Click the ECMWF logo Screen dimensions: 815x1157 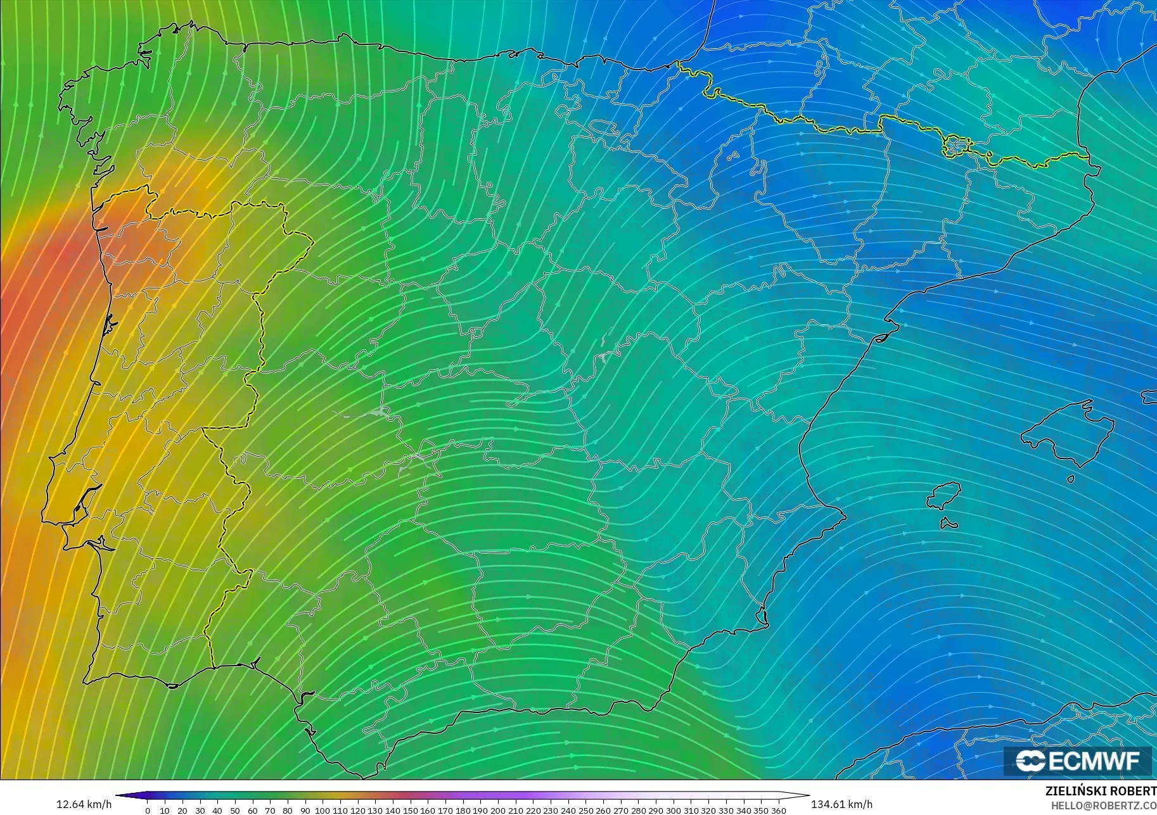pos(1077,761)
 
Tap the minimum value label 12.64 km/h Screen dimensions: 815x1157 pos(84,804)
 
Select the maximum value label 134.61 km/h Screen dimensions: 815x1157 pos(841,804)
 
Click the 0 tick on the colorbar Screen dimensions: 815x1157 pos(148,810)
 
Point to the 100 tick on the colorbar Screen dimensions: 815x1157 pos(323,810)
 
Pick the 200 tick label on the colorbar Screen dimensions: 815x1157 pos(497,810)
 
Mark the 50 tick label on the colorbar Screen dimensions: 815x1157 pos(235,810)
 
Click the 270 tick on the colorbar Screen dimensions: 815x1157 pos(620,810)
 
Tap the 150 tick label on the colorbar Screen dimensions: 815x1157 pos(410,810)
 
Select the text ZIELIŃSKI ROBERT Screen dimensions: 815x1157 pos(1101,792)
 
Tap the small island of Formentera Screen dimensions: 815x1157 pos(949,523)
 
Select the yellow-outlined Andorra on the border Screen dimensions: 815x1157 pos(954,146)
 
